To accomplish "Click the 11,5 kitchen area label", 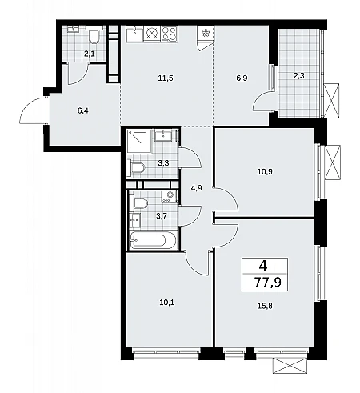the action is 166,78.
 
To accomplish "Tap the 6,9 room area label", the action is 242,78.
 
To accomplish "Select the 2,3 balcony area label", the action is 298,76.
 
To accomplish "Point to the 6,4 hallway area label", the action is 83,110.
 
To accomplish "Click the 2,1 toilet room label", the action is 90,54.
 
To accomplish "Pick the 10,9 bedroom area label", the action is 265,171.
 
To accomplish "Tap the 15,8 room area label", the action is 265,306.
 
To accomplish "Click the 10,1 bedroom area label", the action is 168,303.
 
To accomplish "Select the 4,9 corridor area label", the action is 196,188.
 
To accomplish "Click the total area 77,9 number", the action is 268,282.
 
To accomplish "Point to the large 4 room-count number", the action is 263,266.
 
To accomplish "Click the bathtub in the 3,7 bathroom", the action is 153,240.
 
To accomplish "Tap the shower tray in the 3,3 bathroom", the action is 139,142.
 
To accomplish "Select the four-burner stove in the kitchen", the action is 170,34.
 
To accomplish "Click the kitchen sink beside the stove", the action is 134,34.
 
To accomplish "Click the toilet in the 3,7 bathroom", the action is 138,203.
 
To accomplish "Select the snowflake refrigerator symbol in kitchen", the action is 206,34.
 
